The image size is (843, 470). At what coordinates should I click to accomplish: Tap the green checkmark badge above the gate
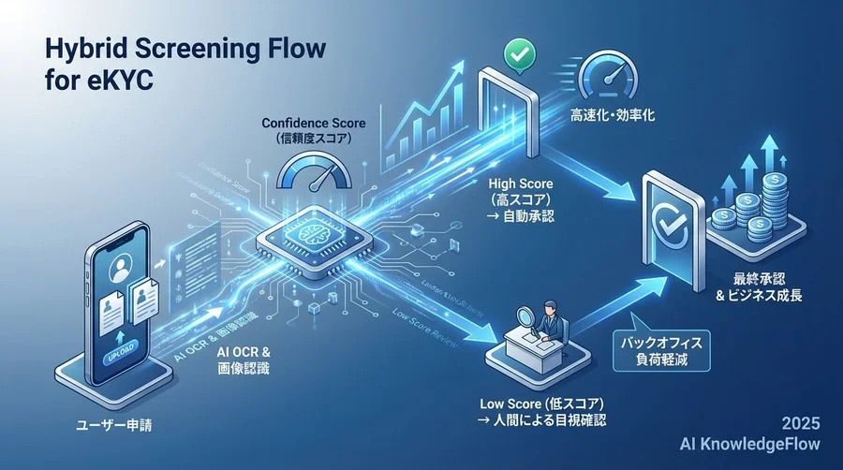517,53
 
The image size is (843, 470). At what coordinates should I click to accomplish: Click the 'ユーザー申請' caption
113,426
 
